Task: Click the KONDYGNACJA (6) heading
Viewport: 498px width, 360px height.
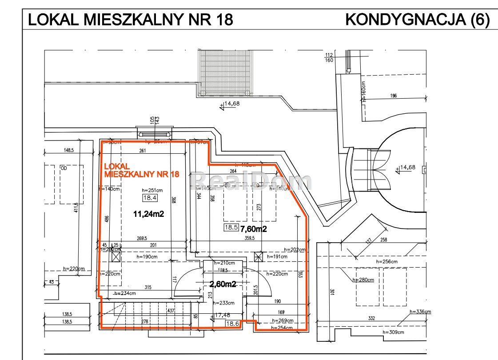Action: tap(417, 20)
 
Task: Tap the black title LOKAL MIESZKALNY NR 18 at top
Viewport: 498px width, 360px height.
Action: tap(130, 20)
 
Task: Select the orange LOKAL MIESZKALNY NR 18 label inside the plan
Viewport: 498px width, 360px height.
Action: tap(141, 170)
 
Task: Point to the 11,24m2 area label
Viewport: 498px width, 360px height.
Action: tap(149, 214)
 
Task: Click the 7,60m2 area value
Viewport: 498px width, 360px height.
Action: tap(253, 229)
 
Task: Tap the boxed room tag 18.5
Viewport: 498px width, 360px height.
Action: tap(231, 228)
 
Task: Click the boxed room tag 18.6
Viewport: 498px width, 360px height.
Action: tap(233, 324)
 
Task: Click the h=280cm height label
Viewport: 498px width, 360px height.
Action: tap(363, 280)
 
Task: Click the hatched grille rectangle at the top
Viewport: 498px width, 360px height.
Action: tap(225, 72)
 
